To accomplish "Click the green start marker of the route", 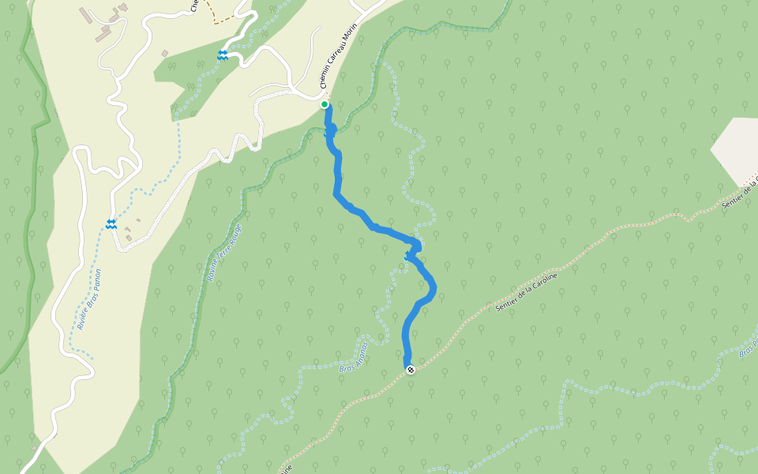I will pos(325,104).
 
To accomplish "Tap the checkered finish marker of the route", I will pos(410,369).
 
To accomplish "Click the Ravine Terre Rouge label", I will pos(224,253).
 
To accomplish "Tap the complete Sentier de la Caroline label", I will pos(527,292).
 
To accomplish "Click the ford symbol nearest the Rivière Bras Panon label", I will pos(111,224).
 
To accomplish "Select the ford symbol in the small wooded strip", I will pos(223,55).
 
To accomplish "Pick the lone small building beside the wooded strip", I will pos(165,54).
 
